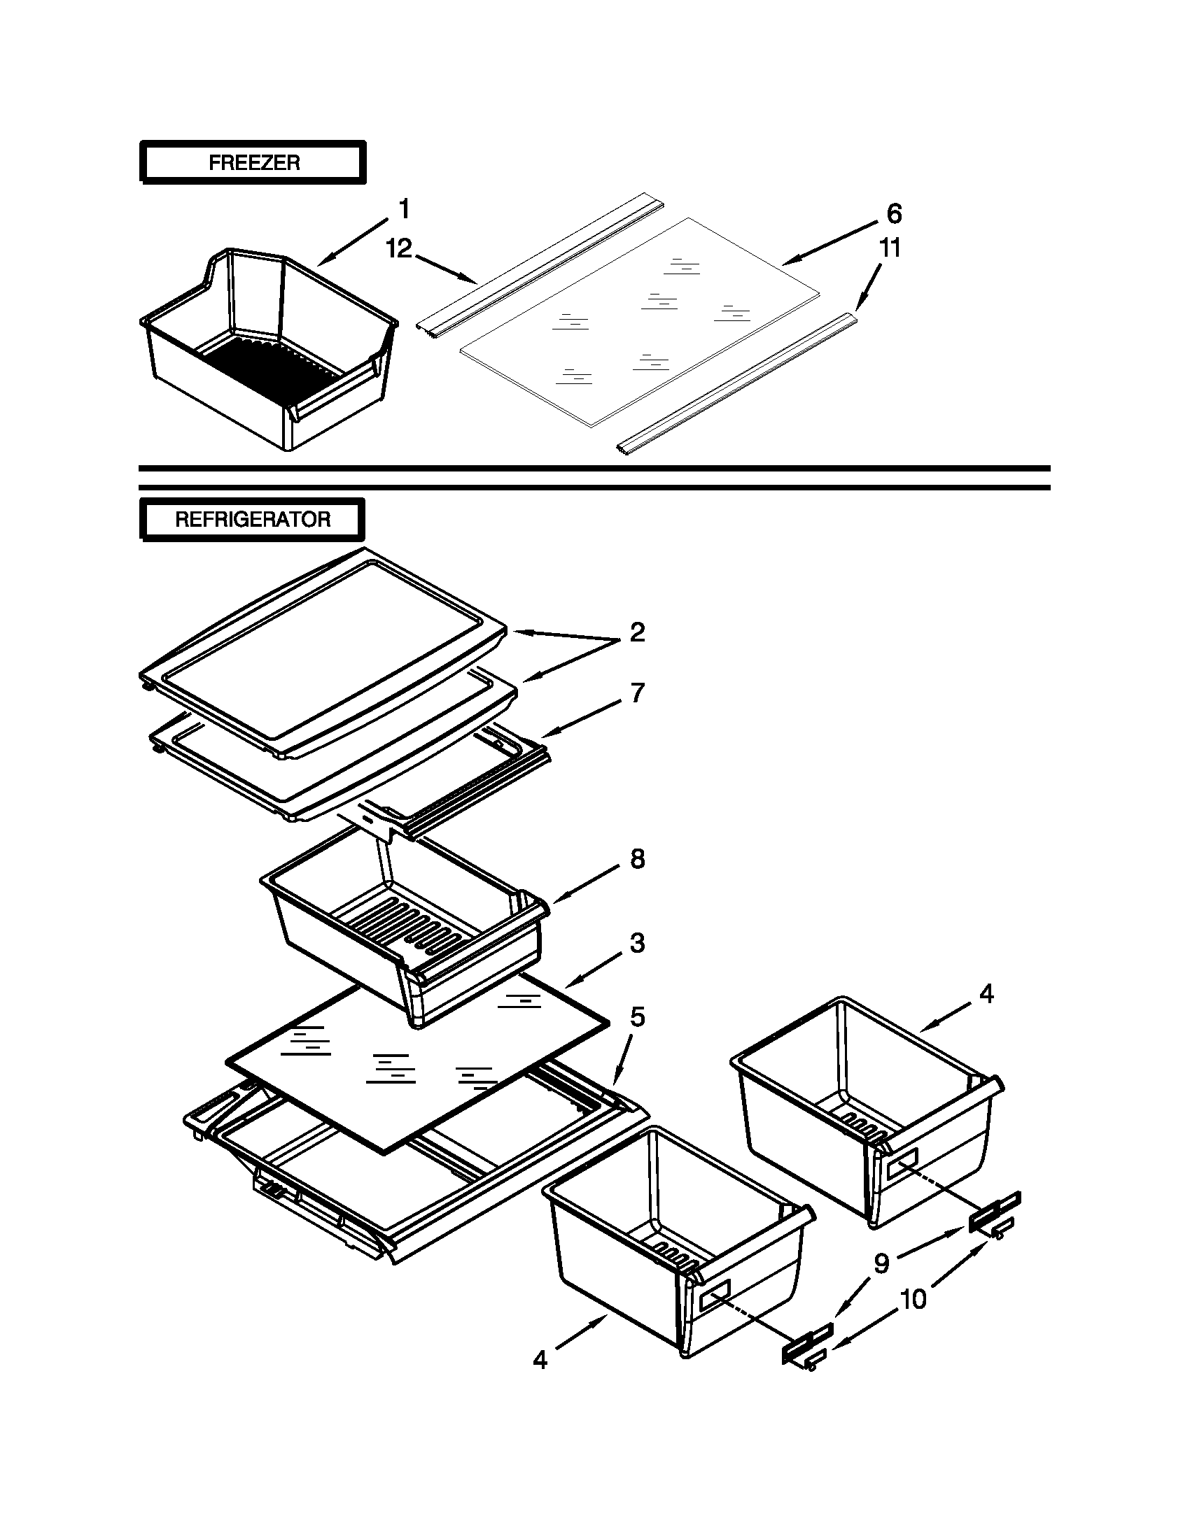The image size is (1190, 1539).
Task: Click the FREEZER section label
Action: point(254,163)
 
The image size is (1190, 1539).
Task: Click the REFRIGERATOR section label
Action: point(253,519)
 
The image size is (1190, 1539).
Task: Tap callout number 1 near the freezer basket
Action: point(404,209)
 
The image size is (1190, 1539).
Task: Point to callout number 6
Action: point(893,213)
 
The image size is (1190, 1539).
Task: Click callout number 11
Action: point(890,248)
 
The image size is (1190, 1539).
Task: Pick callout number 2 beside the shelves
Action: point(636,632)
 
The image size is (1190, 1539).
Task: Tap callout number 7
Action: point(637,693)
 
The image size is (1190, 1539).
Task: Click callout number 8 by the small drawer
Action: point(637,859)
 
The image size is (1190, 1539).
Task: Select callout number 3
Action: point(637,943)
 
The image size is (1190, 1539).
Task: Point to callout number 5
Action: point(637,1017)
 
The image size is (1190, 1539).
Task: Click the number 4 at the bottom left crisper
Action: point(540,1359)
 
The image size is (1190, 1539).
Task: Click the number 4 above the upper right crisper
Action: point(986,994)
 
